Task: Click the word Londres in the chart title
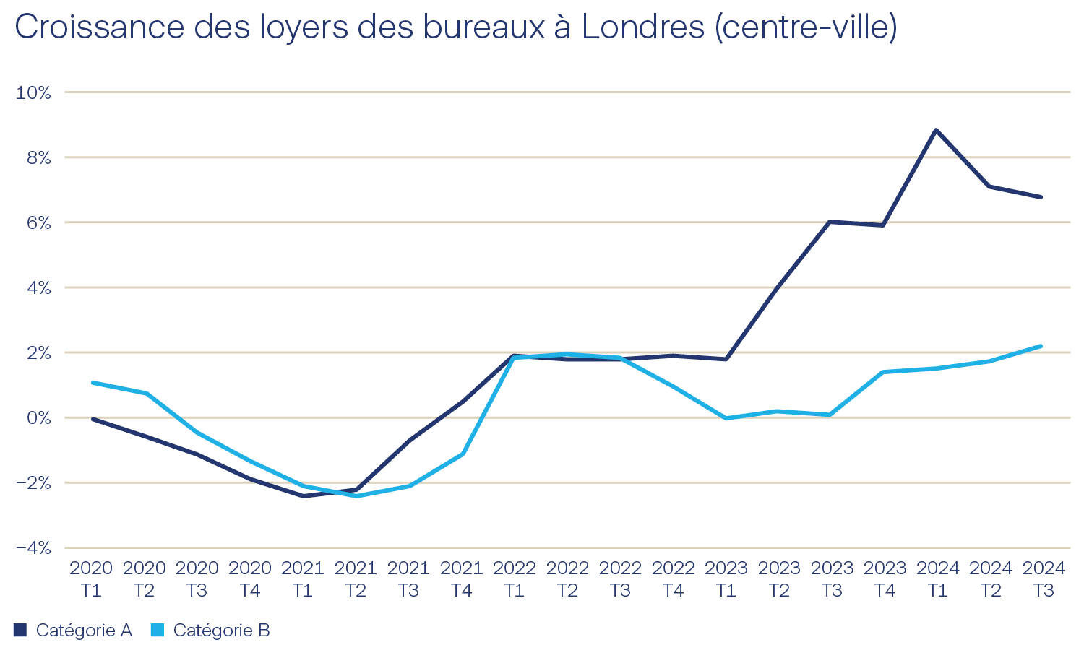(x=642, y=27)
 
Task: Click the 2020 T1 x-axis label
(x=92, y=579)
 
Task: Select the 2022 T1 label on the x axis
(x=515, y=579)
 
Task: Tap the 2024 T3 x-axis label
(x=1044, y=579)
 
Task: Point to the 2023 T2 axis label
(x=779, y=579)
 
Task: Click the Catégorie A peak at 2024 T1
(x=936, y=130)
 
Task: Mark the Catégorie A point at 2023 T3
(x=830, y=222)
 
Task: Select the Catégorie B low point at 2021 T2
(x=356, y=496)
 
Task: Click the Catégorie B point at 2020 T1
(x=93, y=382)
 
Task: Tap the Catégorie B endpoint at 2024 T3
(x=1041, y=346)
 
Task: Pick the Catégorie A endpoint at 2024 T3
(x=1041, y=196)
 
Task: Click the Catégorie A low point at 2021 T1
(x=303, y=496)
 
